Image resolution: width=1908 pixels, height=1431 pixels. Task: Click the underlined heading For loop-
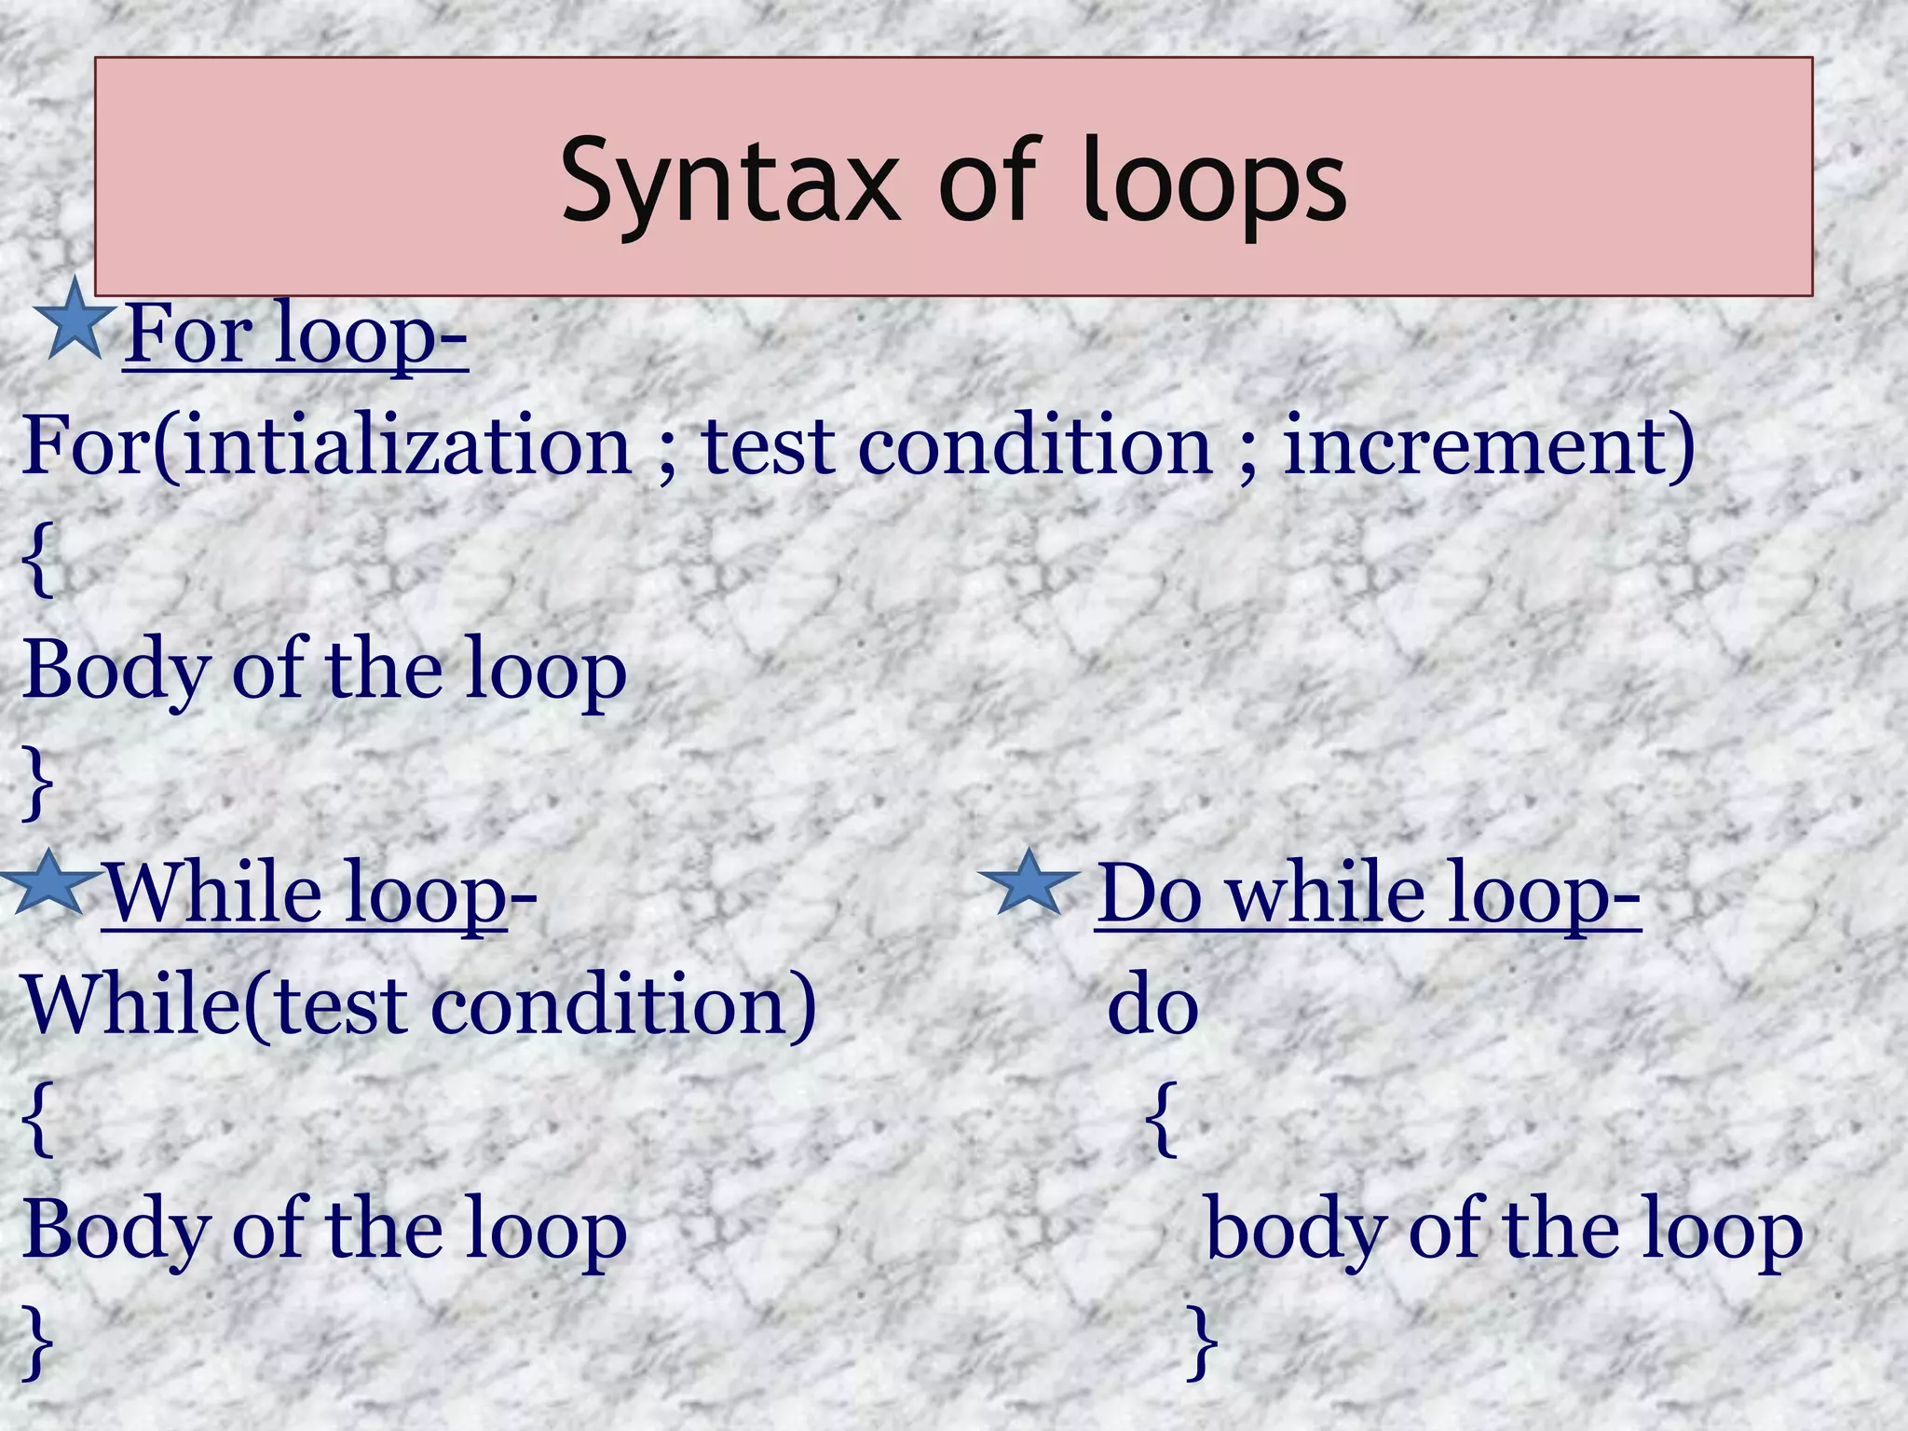point(295,334)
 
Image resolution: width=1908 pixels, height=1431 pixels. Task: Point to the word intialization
point(408,445)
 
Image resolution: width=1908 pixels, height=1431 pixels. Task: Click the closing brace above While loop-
point(37,783)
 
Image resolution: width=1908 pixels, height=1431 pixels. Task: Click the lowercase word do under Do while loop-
point(1152,1006)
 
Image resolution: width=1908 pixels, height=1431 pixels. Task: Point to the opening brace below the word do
point(1161,1118)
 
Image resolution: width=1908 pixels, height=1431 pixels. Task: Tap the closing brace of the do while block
point(1202,1342)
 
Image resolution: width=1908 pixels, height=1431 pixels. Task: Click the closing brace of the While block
point(37,1342)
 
